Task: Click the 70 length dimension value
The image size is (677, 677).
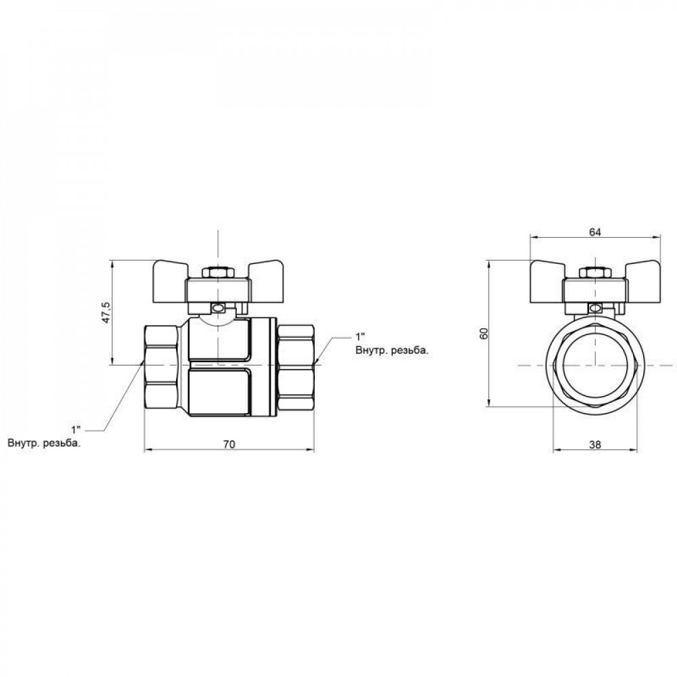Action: click(x=229, y=444)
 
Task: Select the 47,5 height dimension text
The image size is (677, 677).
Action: click(x=106, y=313)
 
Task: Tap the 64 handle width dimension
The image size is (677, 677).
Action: click(x=594, y=232)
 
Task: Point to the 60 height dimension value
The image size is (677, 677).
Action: click(x=483, y=334)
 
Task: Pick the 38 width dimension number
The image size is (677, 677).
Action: click(x=594, y=445)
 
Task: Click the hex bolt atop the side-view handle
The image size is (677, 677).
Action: click(x=218, y=273)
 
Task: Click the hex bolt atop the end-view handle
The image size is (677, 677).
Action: click(x=594, y=273)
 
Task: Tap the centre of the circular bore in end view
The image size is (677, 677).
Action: click(x=594, y=366)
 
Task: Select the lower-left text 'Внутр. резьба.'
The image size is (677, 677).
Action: click(x=45, y=444)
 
